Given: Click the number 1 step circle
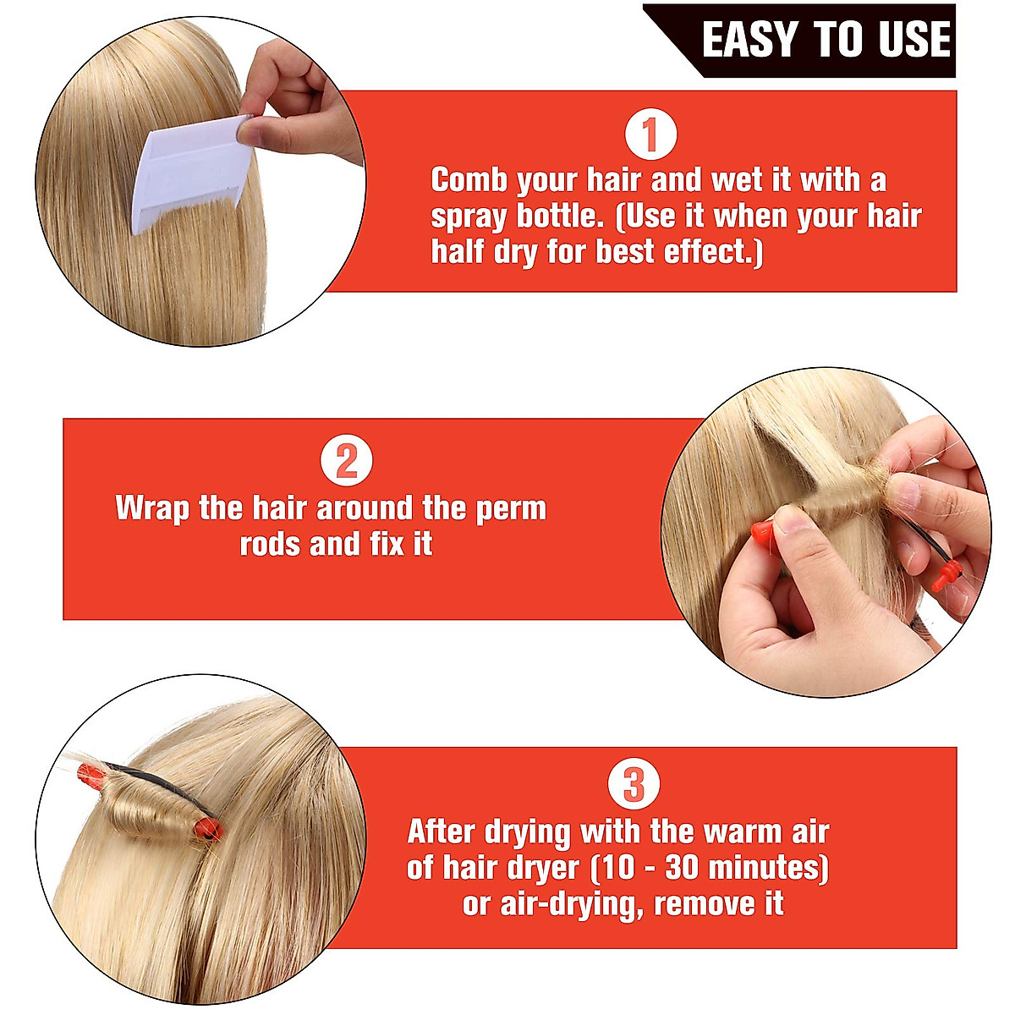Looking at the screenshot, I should click(650, 135).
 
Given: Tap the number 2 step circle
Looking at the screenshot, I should click(347, 463).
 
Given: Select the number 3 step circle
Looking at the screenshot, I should click(634, 786).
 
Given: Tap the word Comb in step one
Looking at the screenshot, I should click(469, 180).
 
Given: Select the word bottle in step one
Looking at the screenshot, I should click(557, 217).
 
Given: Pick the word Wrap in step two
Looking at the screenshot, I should click(151, 509).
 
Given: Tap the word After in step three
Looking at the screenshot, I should click(442, 832).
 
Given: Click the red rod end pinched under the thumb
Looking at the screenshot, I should click(762, 532).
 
